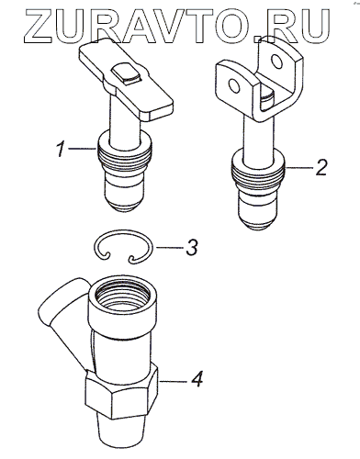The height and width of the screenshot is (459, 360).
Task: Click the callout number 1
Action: [61, 149]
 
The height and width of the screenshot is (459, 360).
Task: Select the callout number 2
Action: [321, 167]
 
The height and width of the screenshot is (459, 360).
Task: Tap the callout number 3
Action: [191, 247]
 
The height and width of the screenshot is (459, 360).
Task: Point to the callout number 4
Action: [197, 378]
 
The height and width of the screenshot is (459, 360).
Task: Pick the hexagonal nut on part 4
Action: [121, 393]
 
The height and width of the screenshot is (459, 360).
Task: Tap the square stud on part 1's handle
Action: [127, 73]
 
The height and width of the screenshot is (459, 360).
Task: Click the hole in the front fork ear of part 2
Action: [234, 86]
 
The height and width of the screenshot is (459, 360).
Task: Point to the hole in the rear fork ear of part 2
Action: [277, 62]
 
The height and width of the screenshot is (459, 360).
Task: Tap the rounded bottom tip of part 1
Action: [124, 204]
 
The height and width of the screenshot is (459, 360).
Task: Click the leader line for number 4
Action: [173, 381]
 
